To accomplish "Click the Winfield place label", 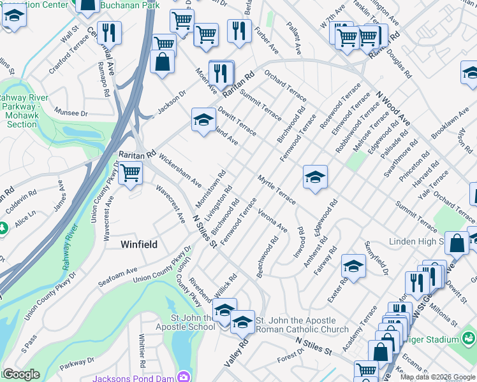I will tap(139, 244).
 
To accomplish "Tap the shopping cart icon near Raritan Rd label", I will tap(130, 173).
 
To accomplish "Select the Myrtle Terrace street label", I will tap(277, 190).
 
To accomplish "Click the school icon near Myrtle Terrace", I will tap(314, 178).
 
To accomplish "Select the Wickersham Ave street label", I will tap(180, 169).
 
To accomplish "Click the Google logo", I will tap(20, 374).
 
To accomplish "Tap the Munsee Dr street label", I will tap(71, 113).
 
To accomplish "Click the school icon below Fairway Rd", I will tap(353, 265).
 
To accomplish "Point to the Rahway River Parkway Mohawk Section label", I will tap(22, 110).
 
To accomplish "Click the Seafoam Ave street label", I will tap(118, 275).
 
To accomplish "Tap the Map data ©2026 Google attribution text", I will tap(437, 377).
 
